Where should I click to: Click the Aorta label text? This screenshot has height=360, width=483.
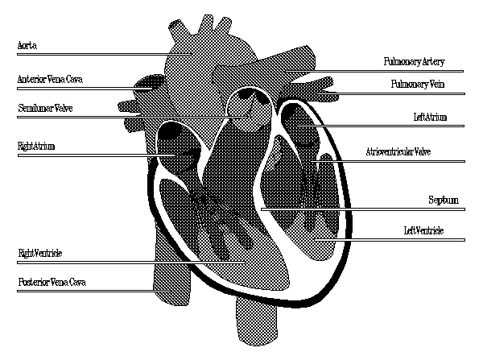coord(27,46)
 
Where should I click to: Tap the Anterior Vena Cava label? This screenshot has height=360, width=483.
coord(50,79)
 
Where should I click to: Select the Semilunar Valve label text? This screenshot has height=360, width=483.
coord(45,108)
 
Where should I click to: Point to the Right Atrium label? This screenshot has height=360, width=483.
coord(36,146)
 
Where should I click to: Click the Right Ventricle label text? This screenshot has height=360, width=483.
coord(40,254)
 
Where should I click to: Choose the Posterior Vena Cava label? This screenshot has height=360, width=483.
coord(52,282)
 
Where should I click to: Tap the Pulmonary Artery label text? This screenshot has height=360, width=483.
coord(414,62)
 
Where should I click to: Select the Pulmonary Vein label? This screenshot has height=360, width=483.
coord(418,84)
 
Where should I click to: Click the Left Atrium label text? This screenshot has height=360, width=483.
coord(430,117)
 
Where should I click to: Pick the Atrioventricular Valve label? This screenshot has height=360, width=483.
coord(398,151)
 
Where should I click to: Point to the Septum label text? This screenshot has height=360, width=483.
coord(444,201)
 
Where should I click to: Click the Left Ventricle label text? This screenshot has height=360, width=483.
coord(423,230)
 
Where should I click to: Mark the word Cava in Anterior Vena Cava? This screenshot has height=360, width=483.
coord(75,79)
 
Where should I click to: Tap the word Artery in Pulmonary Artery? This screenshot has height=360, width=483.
coord(433,62)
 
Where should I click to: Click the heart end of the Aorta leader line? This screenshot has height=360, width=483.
coord(192,54)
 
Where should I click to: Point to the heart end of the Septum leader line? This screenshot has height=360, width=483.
coord(262,209)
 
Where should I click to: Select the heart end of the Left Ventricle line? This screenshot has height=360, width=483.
coord(315,239)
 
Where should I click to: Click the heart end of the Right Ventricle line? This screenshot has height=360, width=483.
coord(245,263)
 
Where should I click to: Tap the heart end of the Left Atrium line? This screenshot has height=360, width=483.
coord(298,126)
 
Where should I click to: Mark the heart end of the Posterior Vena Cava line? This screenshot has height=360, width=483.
coord(171,291)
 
